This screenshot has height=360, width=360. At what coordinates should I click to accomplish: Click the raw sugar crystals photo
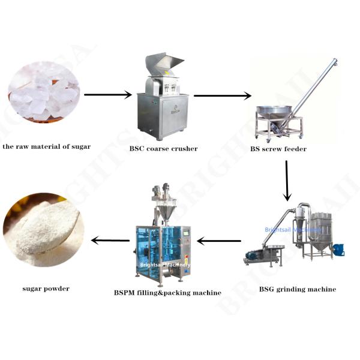pyautogui.click(x=44, y=92)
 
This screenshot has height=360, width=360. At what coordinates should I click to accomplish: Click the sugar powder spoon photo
pyautogui.click(x=44, y=230)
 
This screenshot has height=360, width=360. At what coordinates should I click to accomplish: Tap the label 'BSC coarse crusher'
pyautogui.click(x=163, y=149)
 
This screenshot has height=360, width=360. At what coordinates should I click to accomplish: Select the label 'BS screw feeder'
pyautogui.click(x=278, y=149)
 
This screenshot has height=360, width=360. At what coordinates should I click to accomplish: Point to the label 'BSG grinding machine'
pyautogui.click(x=298, y=289)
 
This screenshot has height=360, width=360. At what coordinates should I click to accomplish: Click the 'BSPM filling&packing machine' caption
pyautogui.click(x=167, y=293)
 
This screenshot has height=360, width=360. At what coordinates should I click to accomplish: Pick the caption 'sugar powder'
pyautogui.click(x=46, y=289)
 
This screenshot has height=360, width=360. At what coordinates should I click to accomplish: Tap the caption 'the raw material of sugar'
pyautogui.click(x=47, y=146)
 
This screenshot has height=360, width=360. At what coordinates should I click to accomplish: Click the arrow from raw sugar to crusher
pyautogui.click(x=108, y=95)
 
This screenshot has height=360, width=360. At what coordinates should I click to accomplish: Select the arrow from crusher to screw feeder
pyautogui.click(x=222, y=96)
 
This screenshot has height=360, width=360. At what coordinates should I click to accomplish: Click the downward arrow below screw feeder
pyautogui.click(x=287, y=181)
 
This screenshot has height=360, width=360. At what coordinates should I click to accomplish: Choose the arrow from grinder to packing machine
pyautogui.click(x=219, y=241)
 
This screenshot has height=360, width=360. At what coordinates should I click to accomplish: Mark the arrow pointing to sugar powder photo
pyautogui.click(x=110, y=241)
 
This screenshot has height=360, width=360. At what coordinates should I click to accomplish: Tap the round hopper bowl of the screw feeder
pyautogui.click(x=274, y=112)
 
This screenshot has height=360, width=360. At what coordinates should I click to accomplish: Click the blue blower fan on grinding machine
pyautogui.click(x=338, y=250)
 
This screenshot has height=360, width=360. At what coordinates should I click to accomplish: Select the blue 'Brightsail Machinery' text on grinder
pyautogui.click(x=293, y=230)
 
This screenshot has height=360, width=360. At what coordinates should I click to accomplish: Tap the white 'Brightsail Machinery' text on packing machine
pyautogui.click(x=165, y=265)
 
